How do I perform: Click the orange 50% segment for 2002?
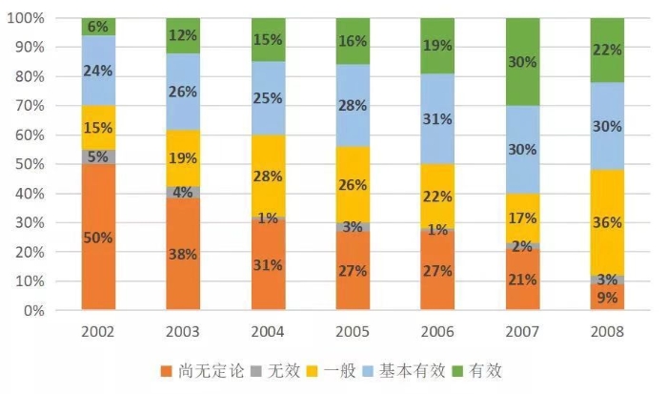pyautogui.click(x=98, y=237)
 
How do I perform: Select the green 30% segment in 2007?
pyautogui.click(x=522, y=62)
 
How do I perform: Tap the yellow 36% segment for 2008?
pyautogui.click(x=607, y=222)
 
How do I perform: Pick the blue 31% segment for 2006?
pyautogui.click(x=437, y=119)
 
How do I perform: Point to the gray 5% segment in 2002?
pyautogui.click(x=98, y=156)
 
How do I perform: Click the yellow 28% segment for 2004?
pyautogui.click(x=268, y=176)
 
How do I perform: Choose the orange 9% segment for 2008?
pyautogui.click(x=607, y=297)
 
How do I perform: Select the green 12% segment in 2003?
pyautogui.click(x=183, y=35)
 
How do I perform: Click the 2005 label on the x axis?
pyautogui.click(x=353, y=332)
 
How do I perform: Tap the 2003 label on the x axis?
pyautogui.click(x=183, y=332)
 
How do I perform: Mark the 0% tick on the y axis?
pyautogui.click(x=33, y=311)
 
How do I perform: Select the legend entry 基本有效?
pyautogui.click(x=407, y=370)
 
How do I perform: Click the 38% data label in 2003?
pyautogui.click(x=183, y=255)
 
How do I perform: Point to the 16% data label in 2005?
pyautogui.click(x=353, y=41)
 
